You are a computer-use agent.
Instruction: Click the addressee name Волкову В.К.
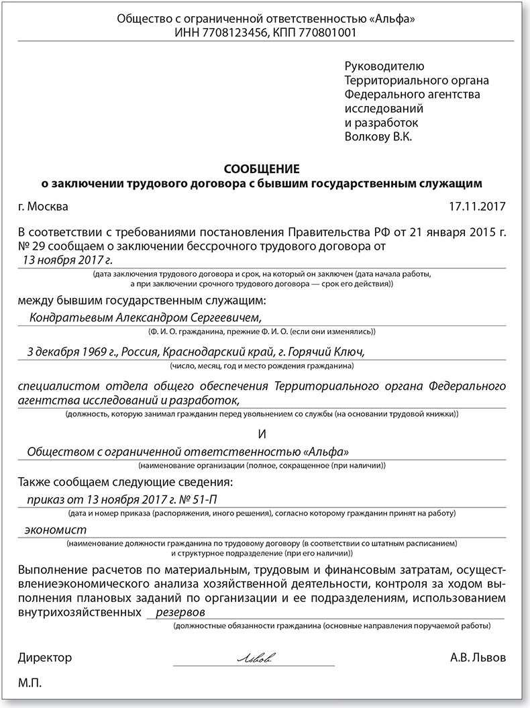378,137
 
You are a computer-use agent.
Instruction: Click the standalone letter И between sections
264,433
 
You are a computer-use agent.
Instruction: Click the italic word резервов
180,613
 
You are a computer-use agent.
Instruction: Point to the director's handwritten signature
254,658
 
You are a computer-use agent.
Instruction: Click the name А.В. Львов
478,657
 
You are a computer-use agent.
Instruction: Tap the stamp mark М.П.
31,682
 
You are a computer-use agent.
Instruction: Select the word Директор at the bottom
45,657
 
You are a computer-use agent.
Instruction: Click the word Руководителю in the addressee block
384,66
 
